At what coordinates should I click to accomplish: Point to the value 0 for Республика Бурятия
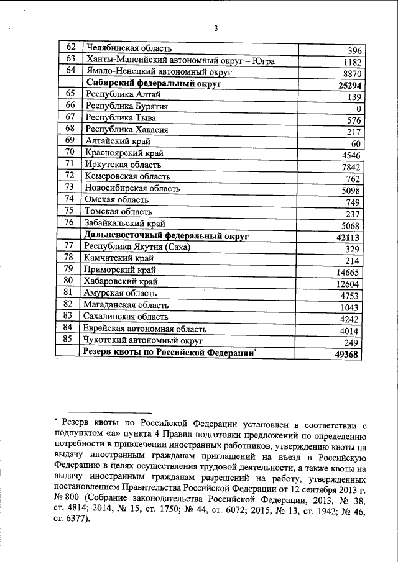pos(359,109)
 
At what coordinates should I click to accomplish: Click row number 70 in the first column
pos(70,152)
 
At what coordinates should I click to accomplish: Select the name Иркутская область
pos(123,165)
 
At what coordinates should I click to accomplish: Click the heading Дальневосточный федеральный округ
pos(166,237)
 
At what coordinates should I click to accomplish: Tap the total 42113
pos(349,238)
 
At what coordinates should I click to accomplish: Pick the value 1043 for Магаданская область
pos(352,307)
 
